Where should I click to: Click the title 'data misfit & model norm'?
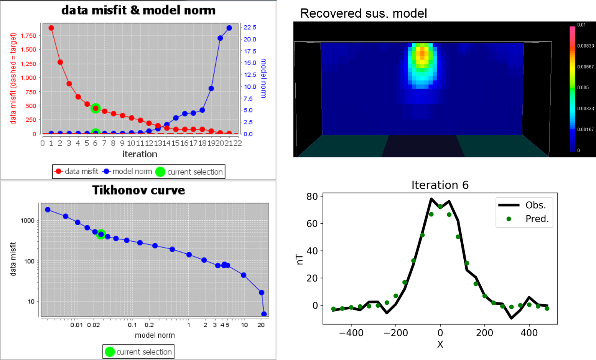(x=138, y=10)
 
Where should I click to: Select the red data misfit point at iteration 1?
(x=51, y=28)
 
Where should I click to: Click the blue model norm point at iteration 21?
(x=229, y=28)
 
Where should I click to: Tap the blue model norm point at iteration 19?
(x=211, y=88)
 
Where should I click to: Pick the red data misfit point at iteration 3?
(x=69, y=84)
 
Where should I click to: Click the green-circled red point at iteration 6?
(x=95, y=108)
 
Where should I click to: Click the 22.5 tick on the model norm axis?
(x=250, y=27)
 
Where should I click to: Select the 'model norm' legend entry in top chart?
(x=128, y=172)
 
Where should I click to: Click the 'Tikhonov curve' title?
(x=138, y=190)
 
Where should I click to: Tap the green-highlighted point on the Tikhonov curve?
(x=101, y=234)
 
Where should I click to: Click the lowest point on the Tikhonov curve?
(x=264, y=314)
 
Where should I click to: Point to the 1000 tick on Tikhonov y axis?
(x=28, y=220)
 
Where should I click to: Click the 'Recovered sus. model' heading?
(x=364, y=13)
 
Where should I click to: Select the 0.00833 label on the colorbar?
(x=585, y=46)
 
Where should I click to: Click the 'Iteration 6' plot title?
(x=440, y=185)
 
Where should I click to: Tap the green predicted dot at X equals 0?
(x=440, y=206)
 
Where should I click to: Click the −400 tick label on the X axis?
(x=351, y=333)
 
